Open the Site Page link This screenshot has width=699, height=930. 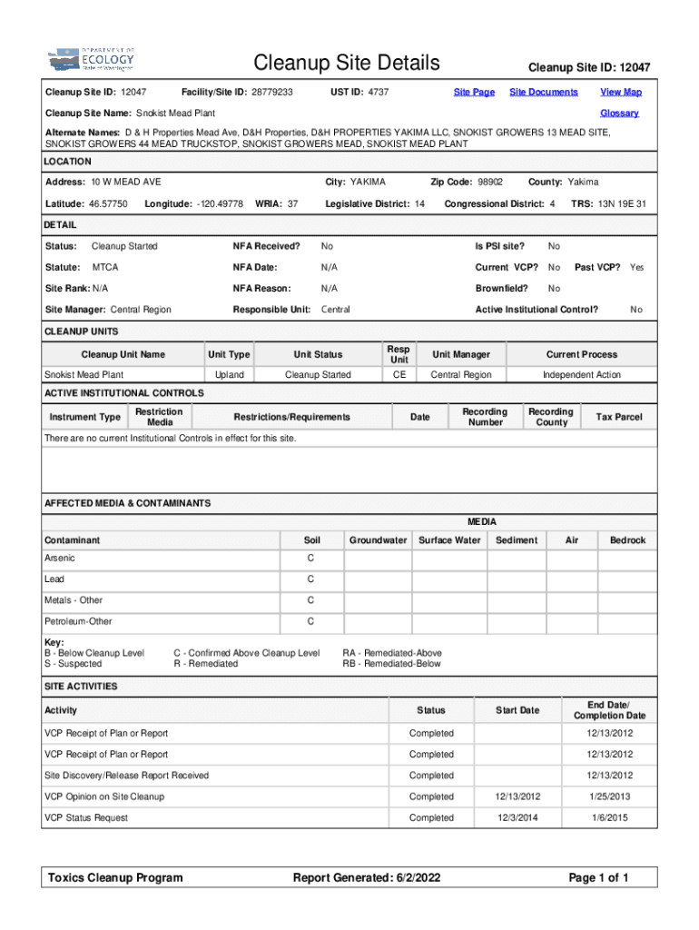point(474,93)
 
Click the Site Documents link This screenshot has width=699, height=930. point(544,93)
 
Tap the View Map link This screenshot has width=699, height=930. point(621,93)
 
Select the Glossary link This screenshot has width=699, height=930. point(619,114)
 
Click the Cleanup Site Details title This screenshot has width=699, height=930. point(347,63)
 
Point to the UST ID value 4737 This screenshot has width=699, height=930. point(379,93)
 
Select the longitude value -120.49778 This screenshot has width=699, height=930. point(219,203)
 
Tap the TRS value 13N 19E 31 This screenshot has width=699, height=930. point(622,203)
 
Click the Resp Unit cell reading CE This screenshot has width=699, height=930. point(399,374)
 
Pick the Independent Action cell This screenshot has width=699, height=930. point(581,374)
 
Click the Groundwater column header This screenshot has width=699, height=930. point(378,540)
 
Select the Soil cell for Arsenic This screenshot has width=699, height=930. point(310,558)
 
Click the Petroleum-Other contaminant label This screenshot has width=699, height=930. point(78,621)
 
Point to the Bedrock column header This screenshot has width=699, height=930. point(627,540)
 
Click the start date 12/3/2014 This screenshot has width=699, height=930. point(517,817)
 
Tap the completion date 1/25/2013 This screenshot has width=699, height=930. point(608,796)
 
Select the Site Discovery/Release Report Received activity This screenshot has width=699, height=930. point(126,776)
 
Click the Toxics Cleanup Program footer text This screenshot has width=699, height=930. point(114,877)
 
